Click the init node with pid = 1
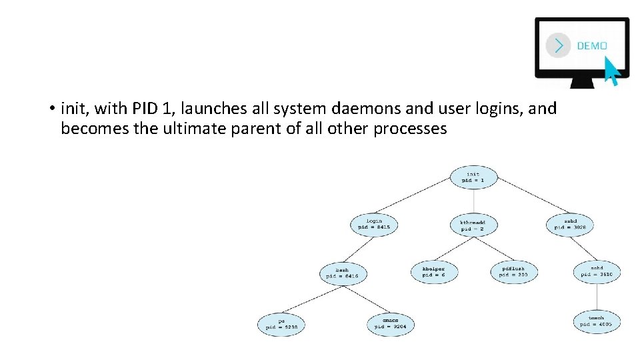473,177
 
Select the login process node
374,223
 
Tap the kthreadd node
473,225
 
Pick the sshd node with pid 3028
570,223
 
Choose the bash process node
343,273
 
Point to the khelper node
433,271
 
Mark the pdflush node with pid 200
513,271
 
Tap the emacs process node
391,324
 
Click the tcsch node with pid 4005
597,321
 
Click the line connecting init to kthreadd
473,201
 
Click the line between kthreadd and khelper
453,248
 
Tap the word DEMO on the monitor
591,46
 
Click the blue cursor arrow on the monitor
611,71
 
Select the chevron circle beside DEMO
558,45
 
